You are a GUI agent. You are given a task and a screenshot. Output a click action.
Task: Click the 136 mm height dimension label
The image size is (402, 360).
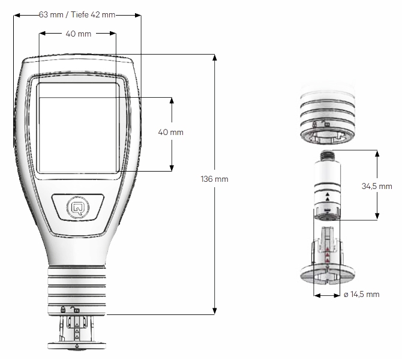click(215, 179)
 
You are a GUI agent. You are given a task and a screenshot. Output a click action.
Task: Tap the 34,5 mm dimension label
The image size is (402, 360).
click(376, 187)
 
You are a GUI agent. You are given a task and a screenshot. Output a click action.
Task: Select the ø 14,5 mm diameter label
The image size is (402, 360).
click(363, 295)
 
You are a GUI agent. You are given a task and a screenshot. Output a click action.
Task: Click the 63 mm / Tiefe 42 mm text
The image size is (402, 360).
click(76, 15)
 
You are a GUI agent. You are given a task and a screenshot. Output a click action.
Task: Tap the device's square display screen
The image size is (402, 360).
click(77, 127)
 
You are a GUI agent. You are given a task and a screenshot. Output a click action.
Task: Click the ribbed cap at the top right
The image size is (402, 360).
click(328, 114)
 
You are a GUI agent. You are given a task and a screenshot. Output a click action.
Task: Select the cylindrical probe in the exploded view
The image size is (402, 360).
click(327, 186)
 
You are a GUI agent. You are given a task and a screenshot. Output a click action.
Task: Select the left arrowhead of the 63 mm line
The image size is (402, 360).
click(16, 15)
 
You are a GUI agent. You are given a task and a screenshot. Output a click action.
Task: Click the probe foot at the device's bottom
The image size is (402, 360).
click(77, 333)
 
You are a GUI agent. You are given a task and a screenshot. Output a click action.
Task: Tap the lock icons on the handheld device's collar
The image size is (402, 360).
click(70, 310)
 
